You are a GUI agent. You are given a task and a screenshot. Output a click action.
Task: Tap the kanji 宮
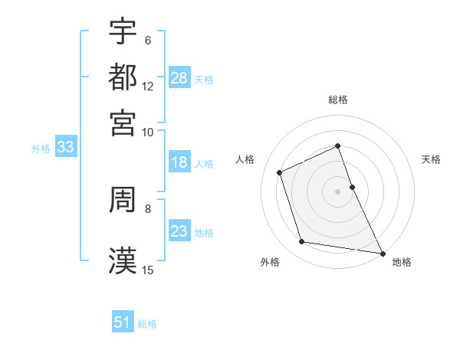123,122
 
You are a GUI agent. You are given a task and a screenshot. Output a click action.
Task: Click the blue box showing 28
179,77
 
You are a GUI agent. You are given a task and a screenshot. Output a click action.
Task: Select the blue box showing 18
179,162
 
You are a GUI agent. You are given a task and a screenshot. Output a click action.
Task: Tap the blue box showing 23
179,231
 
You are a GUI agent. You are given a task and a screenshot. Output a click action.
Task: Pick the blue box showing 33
64,148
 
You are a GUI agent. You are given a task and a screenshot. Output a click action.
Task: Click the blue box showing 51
123,322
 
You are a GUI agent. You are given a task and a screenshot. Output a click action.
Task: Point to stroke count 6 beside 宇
148,40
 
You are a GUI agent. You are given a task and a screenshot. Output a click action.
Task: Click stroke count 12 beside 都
148,87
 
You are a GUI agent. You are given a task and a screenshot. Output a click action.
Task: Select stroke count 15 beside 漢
148,270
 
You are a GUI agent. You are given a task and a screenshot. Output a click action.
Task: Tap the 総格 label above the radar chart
338,100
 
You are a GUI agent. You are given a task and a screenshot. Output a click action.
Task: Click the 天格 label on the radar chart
432,159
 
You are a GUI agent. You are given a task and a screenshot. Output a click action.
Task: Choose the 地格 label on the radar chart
402,263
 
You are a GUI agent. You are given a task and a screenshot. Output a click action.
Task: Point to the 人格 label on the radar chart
245,159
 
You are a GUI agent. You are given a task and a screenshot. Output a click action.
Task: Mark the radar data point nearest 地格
381,253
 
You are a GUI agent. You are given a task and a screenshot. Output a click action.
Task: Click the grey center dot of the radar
338,191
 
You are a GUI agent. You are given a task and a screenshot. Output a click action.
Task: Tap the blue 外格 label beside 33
40,149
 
